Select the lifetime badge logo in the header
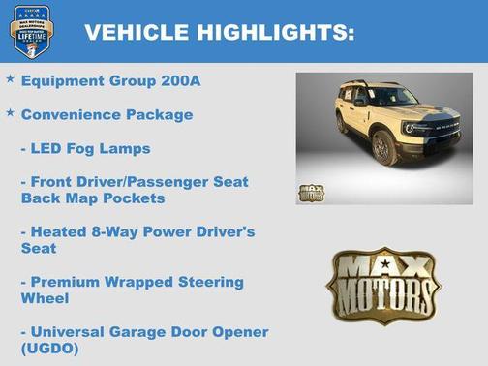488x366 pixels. pyautogui.click(x=32, y=30)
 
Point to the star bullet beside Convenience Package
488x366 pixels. pyautogui.click(x=10, y=113)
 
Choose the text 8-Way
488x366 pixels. pyautogui.click(x=119, y=231)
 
